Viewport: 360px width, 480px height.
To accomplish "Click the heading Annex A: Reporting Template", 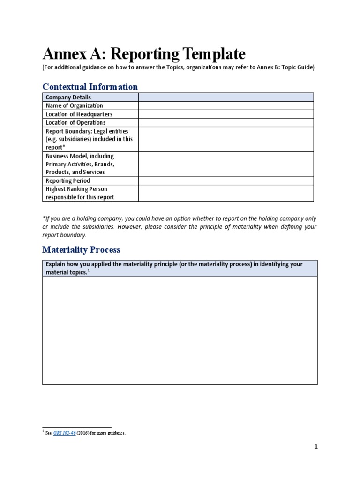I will [x=144, y=54].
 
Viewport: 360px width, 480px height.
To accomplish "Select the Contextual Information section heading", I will [x=90, y=87].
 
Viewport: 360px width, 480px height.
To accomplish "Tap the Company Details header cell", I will [x=68, y=97].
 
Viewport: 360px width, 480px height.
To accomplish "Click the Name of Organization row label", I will [x=74, y=105].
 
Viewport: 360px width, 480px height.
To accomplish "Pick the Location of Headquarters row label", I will [x=79, y=114].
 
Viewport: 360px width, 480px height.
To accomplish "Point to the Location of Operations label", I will [x=75, y=122].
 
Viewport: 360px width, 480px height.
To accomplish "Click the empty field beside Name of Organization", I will [x=225, y=105].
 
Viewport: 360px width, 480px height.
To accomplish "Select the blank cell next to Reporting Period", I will [x=225, y=180].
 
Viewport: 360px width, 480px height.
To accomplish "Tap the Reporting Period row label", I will [x=68, y=180].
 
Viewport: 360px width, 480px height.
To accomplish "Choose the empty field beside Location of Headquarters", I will [x=225, y=114].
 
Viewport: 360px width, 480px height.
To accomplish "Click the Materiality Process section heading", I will [x=81, y=250].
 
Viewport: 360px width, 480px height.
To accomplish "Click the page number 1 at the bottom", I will [x=316, y=447].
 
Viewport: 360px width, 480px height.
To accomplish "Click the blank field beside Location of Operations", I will [x=225, y=122].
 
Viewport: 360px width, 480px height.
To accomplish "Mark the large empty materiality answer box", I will [x=180, y=330].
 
